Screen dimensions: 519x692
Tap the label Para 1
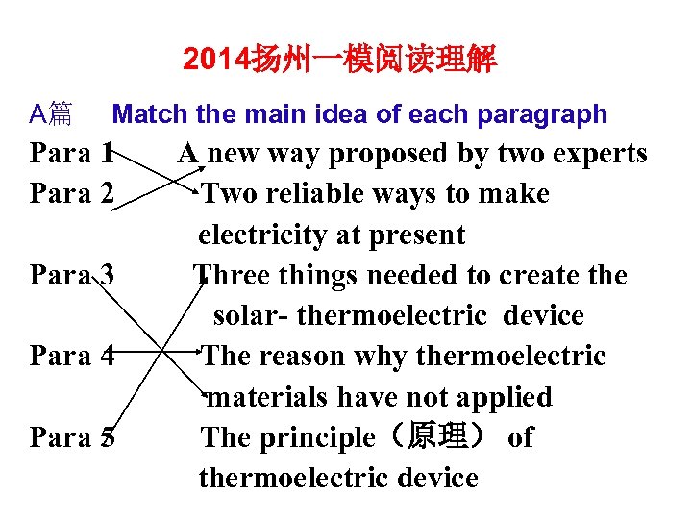coord(73,154)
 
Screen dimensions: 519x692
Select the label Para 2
coord(73,194)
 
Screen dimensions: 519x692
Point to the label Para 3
coord(73,276)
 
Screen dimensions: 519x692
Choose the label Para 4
coord(73,357)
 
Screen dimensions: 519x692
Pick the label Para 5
coord(73,438)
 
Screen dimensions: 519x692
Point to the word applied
coord(504,397)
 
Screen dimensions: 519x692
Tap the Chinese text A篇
coord(50,115)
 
